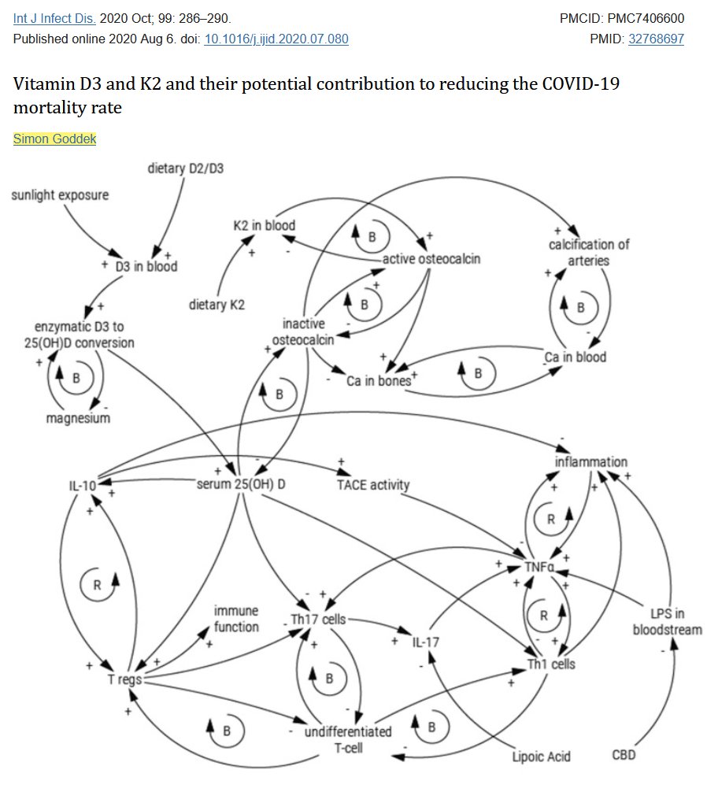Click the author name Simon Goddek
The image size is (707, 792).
54,139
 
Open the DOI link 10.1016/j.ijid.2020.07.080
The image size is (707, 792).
276,39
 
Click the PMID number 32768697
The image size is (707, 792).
655,39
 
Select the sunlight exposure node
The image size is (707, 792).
60,194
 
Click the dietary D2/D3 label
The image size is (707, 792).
185,168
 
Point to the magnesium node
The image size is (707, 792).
78,418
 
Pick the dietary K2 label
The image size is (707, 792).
217,305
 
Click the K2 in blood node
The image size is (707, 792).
264,225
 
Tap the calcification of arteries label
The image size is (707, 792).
589,252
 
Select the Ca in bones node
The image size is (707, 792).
379,381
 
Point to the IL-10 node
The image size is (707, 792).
82,486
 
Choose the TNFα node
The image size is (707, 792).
540,567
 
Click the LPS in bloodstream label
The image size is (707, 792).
656,620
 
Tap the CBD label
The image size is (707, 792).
624,756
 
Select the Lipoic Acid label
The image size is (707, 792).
541,757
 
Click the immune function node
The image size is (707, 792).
236,619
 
